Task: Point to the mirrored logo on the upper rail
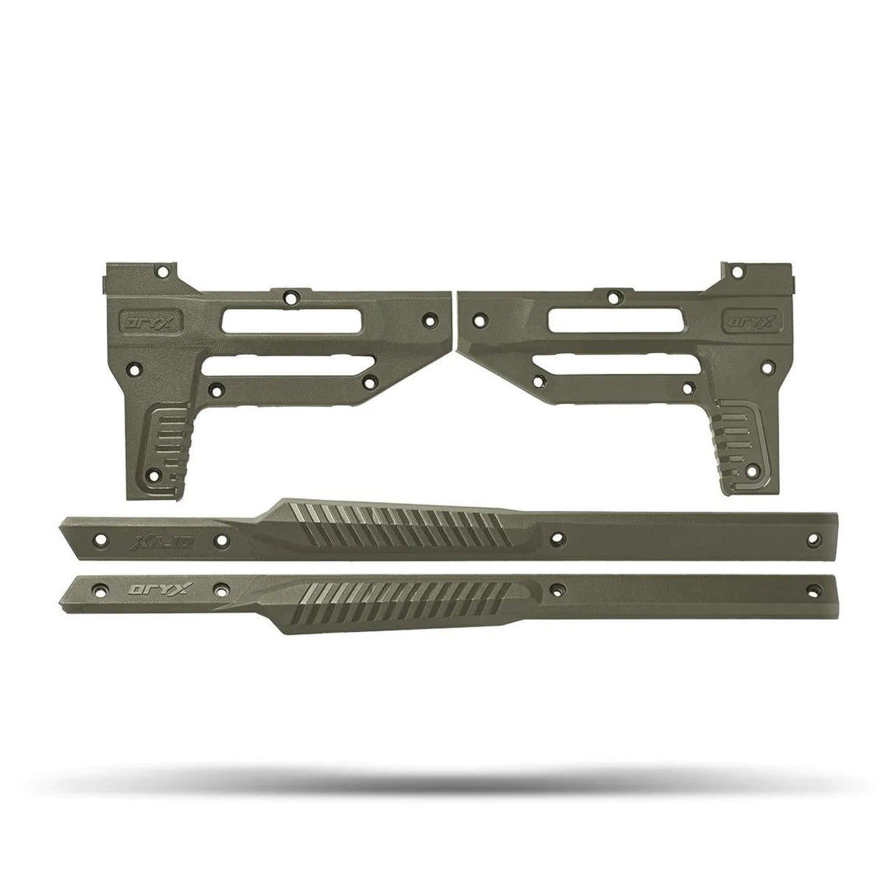point(148,541)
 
